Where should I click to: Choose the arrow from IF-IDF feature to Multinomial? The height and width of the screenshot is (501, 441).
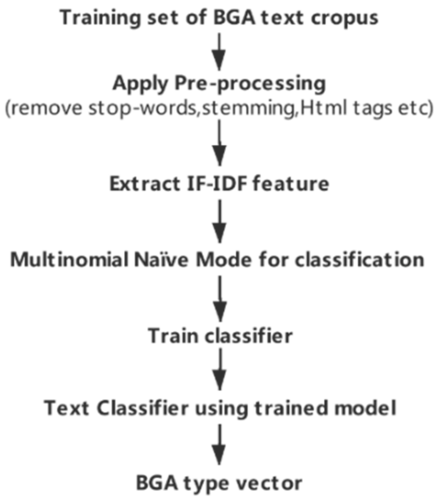point(220,222)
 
